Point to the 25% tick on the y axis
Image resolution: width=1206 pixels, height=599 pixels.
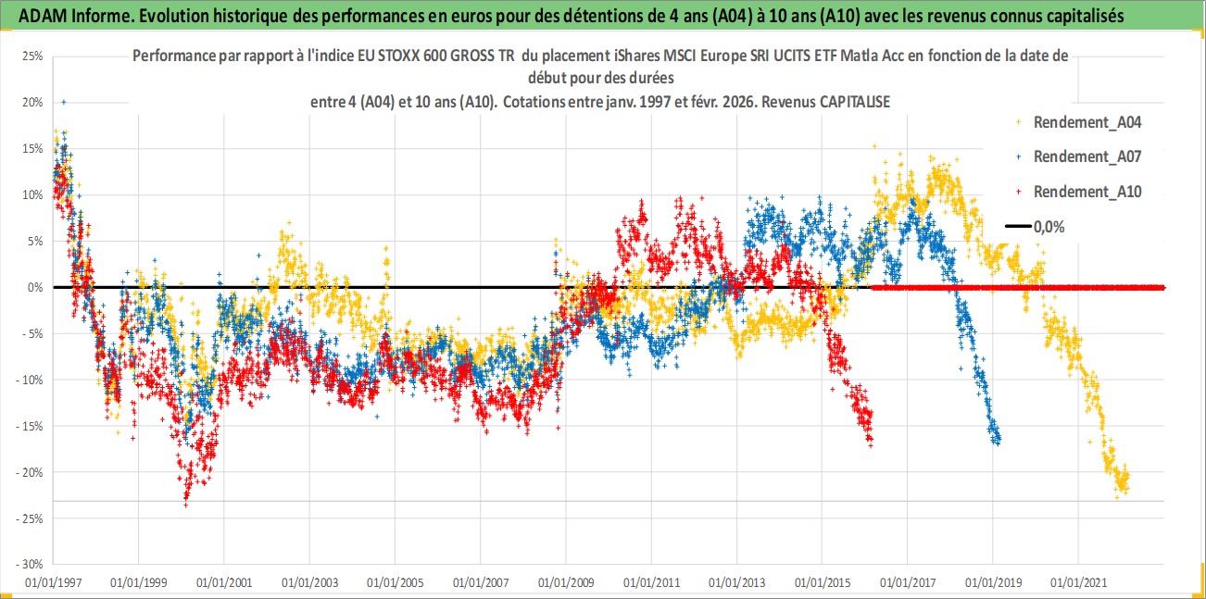pyautogui.click(x=32, y=56)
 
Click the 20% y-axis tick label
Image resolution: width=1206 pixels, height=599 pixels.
pyautogui.click(x=32, y=102)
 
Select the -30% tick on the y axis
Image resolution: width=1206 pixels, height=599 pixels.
pyautogui.click(x=31, y=564)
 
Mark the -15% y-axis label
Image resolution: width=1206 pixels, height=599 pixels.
pyautogui.click(x=31, y=426)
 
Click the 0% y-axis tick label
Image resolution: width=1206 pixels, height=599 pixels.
pyautogui.click(x=35, y=287)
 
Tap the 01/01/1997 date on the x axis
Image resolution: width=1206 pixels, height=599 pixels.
pyautogui.click(x=53, y=583)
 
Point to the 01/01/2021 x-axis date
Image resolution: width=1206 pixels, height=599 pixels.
pyautogui.click(x=1077, y=583)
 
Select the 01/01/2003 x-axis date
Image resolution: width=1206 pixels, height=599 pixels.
pyautogui.click(x=309, y=583)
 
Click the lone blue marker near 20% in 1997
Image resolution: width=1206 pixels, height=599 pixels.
pyautogui.click(x=63, y=102)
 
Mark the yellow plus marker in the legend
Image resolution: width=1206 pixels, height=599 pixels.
pyautogui.click(x=1019, y=120)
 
